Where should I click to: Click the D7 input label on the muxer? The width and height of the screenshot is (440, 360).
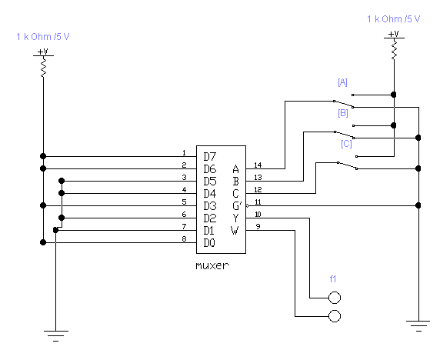210,157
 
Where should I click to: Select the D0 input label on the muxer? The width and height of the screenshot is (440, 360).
209,243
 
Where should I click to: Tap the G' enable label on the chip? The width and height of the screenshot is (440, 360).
237,205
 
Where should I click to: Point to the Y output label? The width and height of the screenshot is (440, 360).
235,218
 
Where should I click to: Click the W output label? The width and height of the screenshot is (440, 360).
235,230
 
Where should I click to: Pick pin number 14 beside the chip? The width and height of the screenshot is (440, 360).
258,165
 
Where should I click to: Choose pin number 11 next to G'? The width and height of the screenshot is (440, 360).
258,202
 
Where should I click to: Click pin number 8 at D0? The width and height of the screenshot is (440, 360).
184,238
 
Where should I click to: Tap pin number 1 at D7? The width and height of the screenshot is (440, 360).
184,153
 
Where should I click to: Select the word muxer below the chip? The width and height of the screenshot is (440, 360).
212,265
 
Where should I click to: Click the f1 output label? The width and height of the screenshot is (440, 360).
333,279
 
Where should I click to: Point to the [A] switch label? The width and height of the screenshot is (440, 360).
342,82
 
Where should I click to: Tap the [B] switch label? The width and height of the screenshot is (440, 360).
343,113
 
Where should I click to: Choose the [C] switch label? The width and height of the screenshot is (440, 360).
346,144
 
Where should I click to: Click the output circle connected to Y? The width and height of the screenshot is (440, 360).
335,298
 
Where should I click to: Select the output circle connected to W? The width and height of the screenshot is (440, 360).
335,316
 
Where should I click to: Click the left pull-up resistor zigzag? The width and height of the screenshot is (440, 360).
44,67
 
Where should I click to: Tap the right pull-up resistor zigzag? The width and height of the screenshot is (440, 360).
395,49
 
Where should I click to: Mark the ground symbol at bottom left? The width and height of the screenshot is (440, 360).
56,336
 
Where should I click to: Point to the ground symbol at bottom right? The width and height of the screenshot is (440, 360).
418,326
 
